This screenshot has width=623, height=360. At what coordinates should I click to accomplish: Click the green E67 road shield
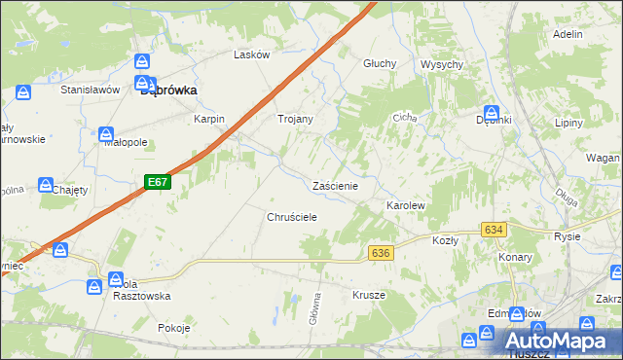159,182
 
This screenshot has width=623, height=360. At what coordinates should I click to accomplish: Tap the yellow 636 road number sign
381,253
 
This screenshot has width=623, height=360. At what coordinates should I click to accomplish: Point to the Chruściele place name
293,218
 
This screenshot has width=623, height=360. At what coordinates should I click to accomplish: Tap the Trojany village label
296,119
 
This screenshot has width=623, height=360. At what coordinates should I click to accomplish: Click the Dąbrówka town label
169,90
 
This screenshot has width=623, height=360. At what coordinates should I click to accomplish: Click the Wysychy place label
441,64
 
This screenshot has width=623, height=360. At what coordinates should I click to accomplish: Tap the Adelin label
567,34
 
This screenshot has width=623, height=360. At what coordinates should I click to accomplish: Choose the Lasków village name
251,55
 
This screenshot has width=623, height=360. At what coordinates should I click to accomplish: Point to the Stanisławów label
90,90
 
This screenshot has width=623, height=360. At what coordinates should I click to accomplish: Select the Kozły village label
445,240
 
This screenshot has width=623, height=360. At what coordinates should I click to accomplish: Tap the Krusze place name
369,294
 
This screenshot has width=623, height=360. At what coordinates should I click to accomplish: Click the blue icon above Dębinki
492,113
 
